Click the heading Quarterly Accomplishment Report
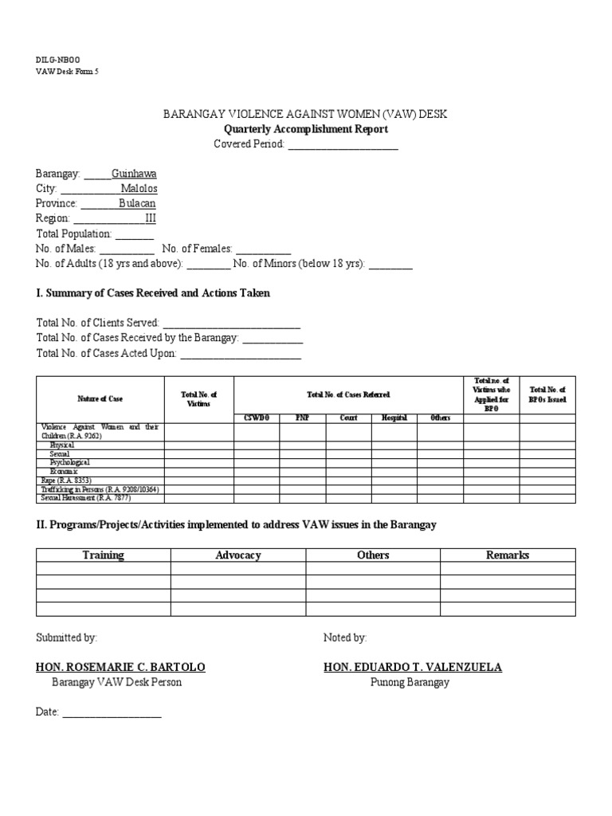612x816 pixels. point(305,129)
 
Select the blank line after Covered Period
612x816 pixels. point(343,144)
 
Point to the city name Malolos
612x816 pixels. point(139,189)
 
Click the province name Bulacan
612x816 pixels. point(137,204)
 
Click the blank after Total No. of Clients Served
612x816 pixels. point(231,324)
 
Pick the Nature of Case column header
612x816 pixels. point(100,398)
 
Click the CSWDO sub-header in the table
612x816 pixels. point(257,418)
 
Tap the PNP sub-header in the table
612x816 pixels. point(302,418)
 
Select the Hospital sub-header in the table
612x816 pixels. point(394,418)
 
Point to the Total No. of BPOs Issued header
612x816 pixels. point(547,394)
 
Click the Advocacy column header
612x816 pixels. point(238,555)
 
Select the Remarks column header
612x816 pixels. point(508,555)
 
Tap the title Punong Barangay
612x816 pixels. point(410,682)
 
